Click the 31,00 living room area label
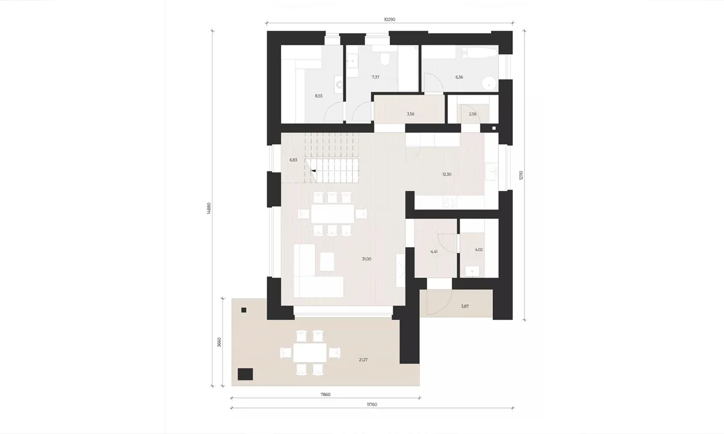coord(367,259)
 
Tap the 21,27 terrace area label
coord(363,360)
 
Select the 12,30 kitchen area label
coord(446,174)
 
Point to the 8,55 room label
coord(319,96)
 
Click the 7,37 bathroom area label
coord(375,77)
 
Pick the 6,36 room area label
coord(459,77)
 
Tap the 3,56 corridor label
coord(410,114)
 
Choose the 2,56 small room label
coord(472,114)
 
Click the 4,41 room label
coord(434,251)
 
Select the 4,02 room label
coord(478,250)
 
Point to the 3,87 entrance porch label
coord(465,306)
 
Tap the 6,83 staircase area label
coord(293,160)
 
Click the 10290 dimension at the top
coord(390,19)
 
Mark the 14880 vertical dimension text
coord(209,209)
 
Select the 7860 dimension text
coord(325,394)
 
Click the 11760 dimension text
coord(372,404)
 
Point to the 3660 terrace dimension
coord(219,342)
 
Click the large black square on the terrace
coord(246,374)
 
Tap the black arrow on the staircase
coord(313,171)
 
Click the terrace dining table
coord(310,352)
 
